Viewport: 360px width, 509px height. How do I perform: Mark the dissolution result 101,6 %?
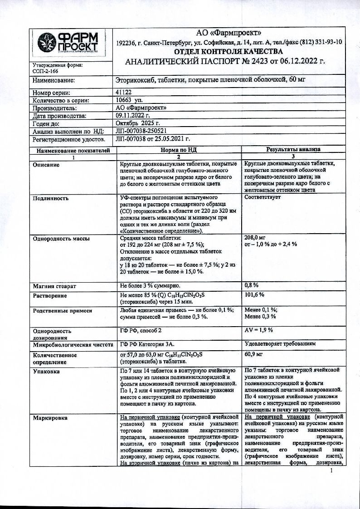coord(254,295)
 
